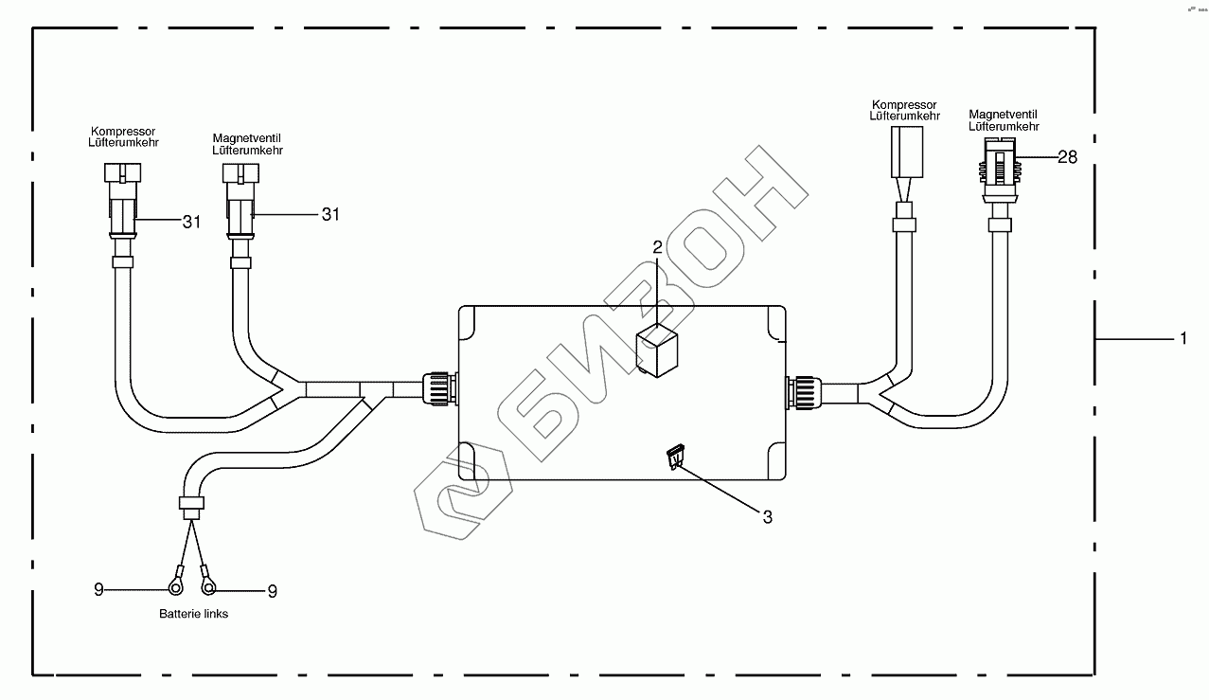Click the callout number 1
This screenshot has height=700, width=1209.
pos(1183,339)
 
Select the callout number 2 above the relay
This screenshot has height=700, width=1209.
pos(657,247)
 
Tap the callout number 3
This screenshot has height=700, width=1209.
pos(768,517)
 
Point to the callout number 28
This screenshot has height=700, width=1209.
pos(1067,157)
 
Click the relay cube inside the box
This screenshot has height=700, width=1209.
pos(657,350)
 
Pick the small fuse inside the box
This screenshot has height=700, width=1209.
pos(676,457)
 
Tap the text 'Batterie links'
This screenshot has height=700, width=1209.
pos(194,614)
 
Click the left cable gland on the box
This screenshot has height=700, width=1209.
pos(440,387)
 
